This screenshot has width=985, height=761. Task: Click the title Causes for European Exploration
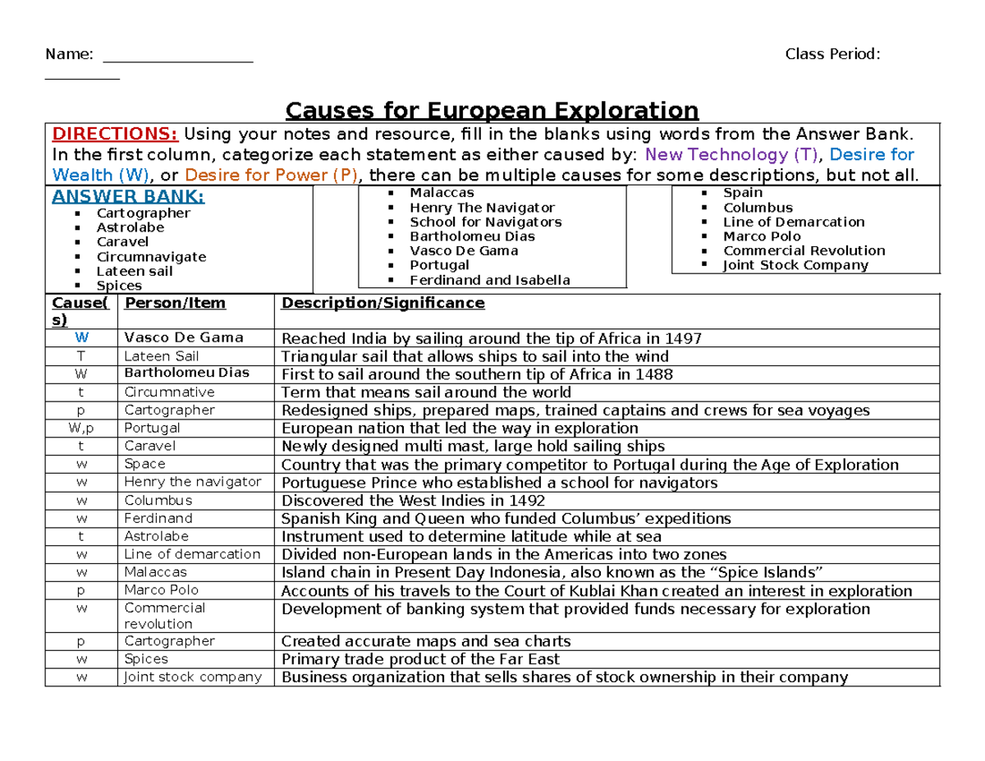coord(491,110)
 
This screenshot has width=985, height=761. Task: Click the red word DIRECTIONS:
coord(115,135)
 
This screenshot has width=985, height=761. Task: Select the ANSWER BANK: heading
coord(128,196)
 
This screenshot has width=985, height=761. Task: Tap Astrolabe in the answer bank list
coord(130,227)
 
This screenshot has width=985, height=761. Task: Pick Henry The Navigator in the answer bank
coord(482,208)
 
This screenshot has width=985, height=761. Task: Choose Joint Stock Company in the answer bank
coord(795,265)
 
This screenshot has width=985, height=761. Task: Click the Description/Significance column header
coord(383,303)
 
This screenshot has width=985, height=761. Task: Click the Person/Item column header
coord(174,303)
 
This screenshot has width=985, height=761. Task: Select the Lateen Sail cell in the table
coord(161,356)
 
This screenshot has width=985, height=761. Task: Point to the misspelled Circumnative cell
coord(168,392)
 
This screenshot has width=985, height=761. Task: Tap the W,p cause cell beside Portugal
coord(80,428)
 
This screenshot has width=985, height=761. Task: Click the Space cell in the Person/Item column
coord(144,464)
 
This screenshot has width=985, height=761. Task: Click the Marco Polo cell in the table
coord(161,589)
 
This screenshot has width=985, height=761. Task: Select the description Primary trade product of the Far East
coord(420,659)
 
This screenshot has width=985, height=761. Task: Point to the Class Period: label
coord(832,54)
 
